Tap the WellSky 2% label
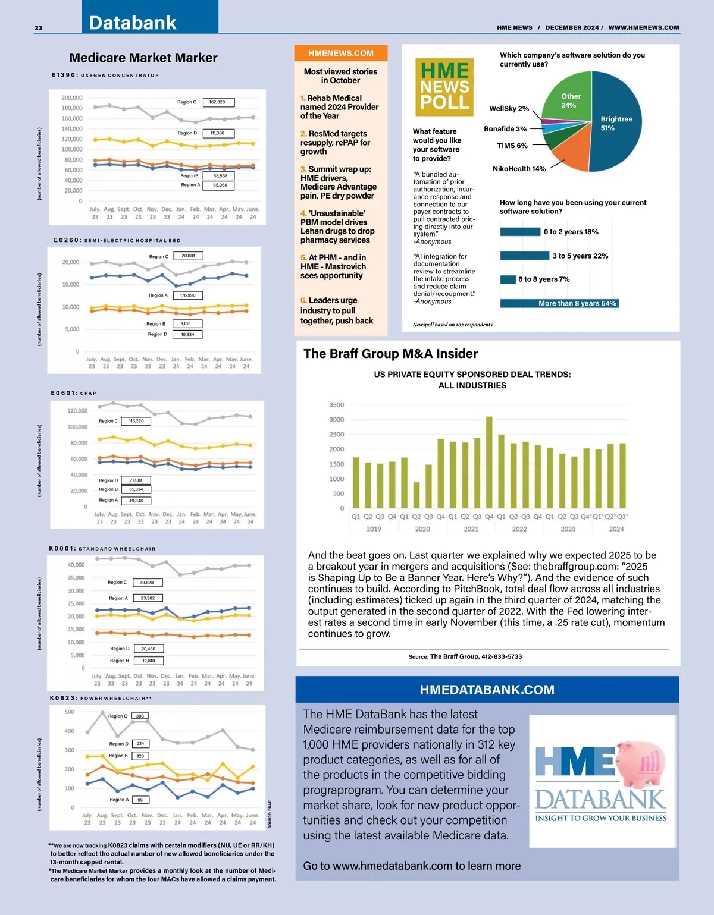[509, 109]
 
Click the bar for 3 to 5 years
[524, 256]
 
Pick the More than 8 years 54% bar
[559, 303]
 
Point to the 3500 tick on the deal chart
[336, 405]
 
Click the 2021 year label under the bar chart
[471, 529]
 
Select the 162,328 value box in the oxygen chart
[218, 102]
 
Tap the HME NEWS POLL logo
[444, 87]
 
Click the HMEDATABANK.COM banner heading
[487, 690]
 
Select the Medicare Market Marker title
[143, 58]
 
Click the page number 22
[39, 28]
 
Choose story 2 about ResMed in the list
[335, 142]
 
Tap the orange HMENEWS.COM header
[341, 53]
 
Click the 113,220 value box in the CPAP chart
[136, 421]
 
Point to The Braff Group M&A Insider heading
[390, 354]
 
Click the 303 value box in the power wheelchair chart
[140, 716]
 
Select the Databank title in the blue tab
[133, 23]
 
